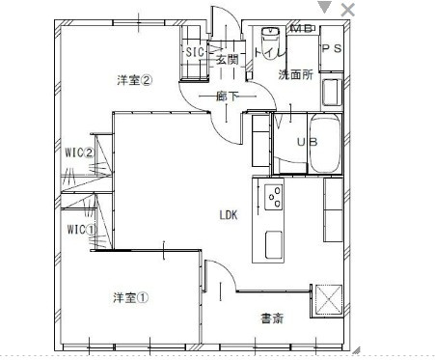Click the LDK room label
pyautogui.click(x=229, y=214)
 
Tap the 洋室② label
pyautogui.click(x=135, y=80)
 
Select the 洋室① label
pyautogui.click(x=130, y=297)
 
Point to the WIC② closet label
pyautogui.click(x=79, y=152)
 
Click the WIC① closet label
pyautogui.click(x=79, y=230)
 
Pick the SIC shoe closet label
pyautogui.click(x=194, y=52)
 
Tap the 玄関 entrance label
pyautogui.click(x=227, y=60)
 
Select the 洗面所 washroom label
pyautogui.click(x=295, y=73)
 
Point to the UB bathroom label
pyautogui.click(x=307, y=143)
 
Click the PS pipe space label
pyautogui.click(x=331, y=49)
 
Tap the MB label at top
pyautogui.click(x=301, y=28)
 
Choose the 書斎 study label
pyautogui.click(x=272, y=318)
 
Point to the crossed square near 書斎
pyautogui.click(x=328, y=299)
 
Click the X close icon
pyautogui.click(x=348, y=9)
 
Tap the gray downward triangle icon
pyautogui.click(x=325, y=8)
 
